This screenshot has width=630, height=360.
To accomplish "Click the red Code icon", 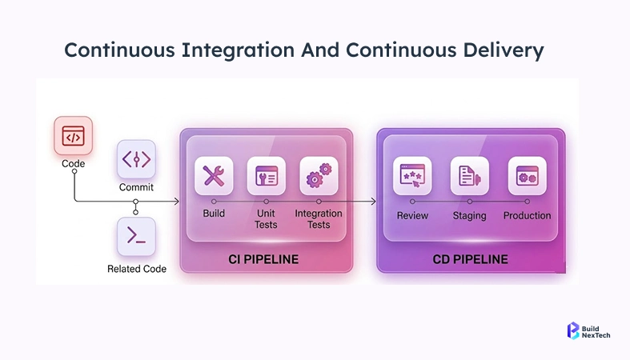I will tap(73, 137).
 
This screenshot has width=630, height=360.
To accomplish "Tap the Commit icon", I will tap(136, 159).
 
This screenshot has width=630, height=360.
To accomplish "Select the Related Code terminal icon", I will tap(136, 236).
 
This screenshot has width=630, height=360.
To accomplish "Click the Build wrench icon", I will tap(214, 175).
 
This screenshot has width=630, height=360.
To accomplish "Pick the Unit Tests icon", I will tap(266, 175).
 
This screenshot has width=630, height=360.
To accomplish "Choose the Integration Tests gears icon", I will tap(319, 175).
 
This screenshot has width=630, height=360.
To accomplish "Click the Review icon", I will tap(412, 176).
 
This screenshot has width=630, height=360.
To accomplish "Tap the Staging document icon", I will tap(469, 176).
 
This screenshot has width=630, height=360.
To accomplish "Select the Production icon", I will tap(527, 176).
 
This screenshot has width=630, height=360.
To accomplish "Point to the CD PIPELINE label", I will tap(470, 259).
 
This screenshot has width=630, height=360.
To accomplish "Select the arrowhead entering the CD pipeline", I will tap(373, 202).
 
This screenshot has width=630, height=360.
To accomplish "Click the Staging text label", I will tap(469, 216).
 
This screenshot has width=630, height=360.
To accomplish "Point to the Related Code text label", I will tap(137, 269).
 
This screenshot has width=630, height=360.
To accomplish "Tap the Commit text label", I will tap(136, 187).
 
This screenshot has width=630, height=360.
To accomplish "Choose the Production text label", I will tap(527, 216).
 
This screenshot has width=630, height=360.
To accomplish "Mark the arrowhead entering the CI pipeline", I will tap(176, 202).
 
